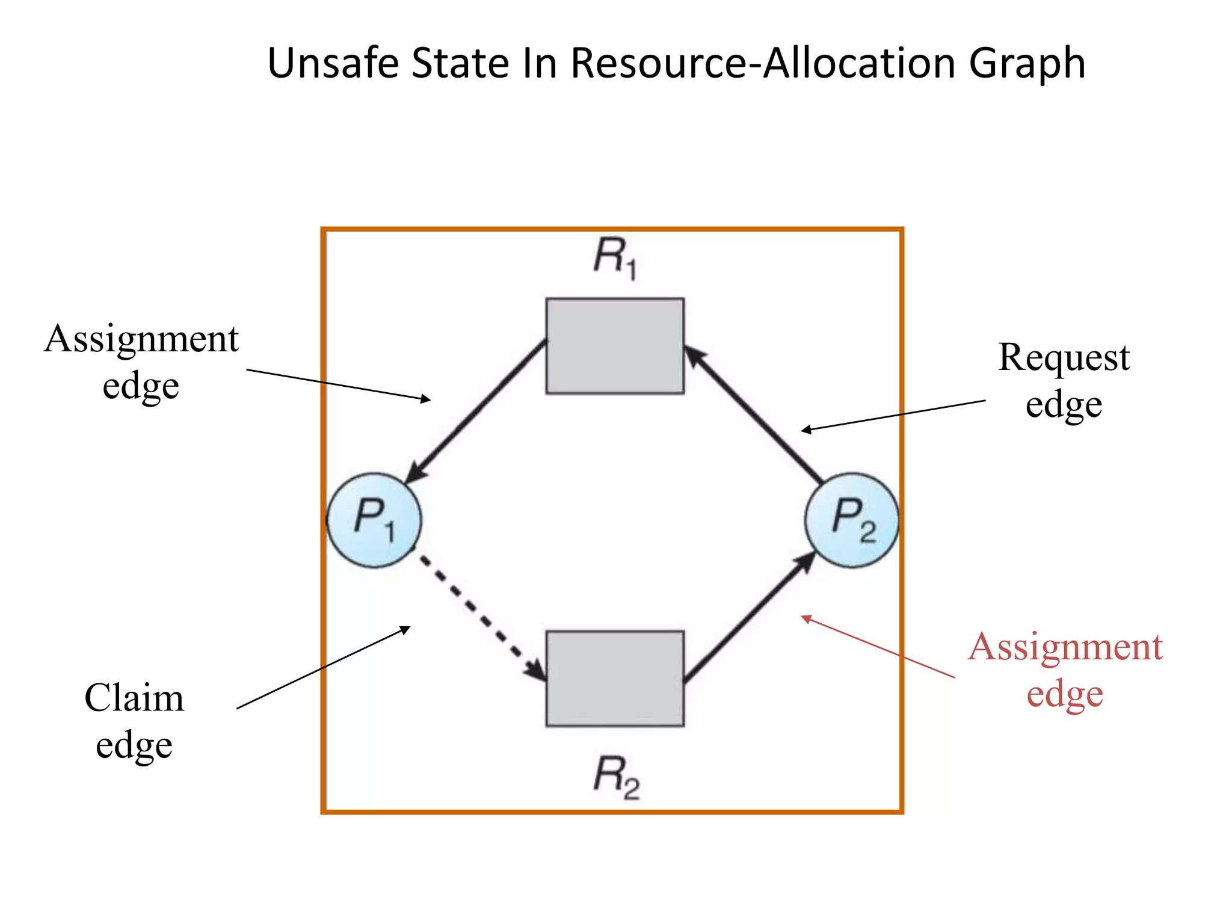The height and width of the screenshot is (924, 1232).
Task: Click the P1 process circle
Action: [374, 520]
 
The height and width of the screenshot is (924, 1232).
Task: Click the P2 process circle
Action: [852, 520]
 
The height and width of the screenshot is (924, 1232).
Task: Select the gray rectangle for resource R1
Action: [615, 346]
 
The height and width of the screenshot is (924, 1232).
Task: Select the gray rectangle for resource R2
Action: [615, 679]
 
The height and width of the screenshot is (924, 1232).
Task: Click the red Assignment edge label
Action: [1065, 670]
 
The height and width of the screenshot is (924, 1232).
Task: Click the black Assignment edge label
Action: [141, 361]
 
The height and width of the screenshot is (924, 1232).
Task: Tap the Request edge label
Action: [1064, 380]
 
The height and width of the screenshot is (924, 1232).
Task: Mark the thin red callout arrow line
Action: [878, 647]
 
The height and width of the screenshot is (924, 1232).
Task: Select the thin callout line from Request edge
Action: [893, 415]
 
